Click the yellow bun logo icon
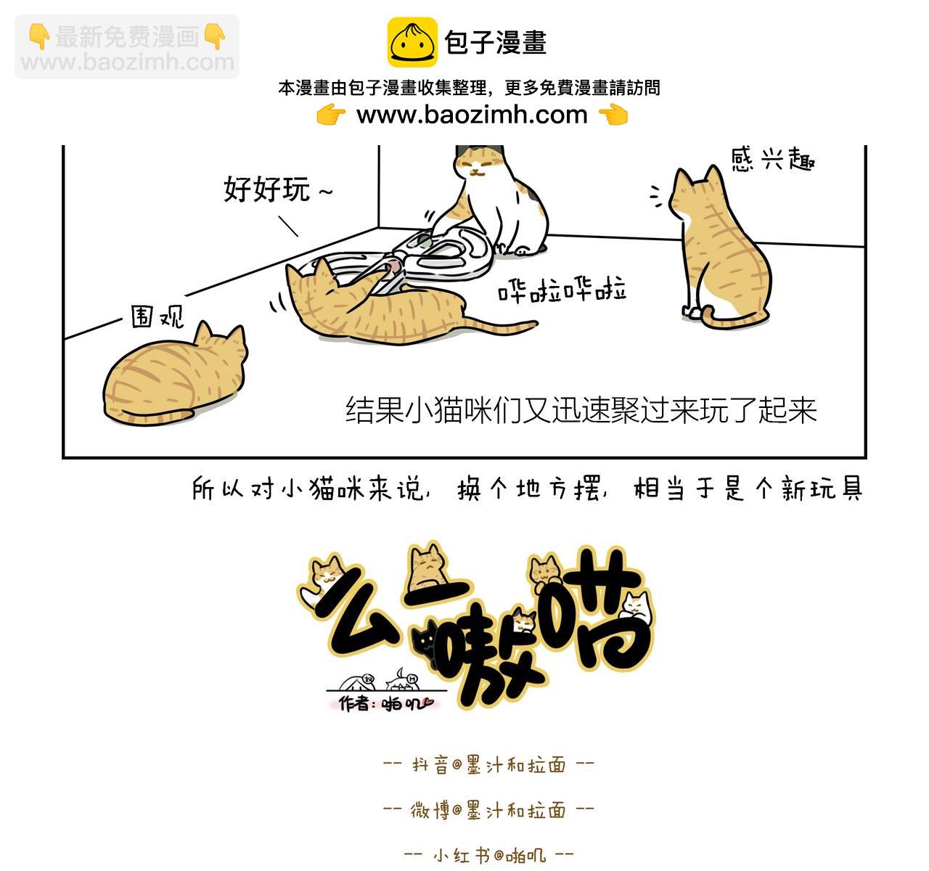pos(412,42)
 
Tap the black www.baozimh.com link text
pos(472,115)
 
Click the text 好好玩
pos(266,189)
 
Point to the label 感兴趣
pos(773,160)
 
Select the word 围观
pos(157,317)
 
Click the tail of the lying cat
pos(501,326)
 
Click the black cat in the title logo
pos(426,645)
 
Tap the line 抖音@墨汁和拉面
pos(488,765)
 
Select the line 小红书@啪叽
pos(489,855)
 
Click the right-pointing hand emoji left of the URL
pos(331,115)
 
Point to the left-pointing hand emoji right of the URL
pos(614,115)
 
